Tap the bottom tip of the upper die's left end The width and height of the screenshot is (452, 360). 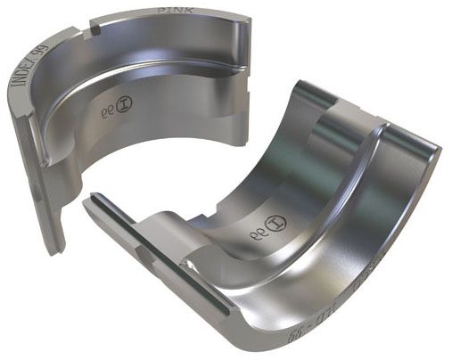tap(53, 250)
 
